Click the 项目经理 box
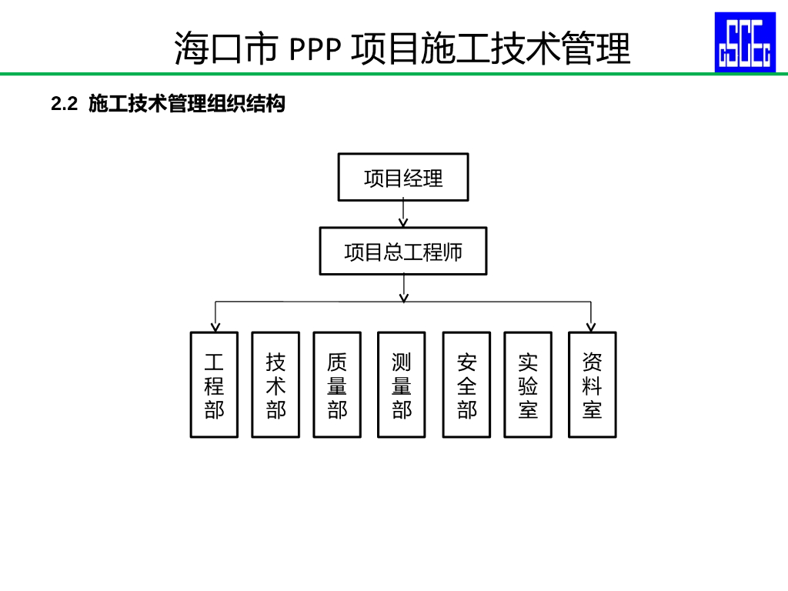(403, 178)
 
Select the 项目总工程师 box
(403, 251)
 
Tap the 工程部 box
(214, 385)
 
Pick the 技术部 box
(275, 385)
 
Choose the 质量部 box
(337, 385)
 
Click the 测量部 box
(402, 385)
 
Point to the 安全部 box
(466, 385)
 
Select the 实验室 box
(528, 385)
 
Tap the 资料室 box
(592, 385)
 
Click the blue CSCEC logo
(745, 42)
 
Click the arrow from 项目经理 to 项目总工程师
(403, 214)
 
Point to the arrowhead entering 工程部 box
(215, 327)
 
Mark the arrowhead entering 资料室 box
(592, 327)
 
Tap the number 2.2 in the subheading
(65, 104)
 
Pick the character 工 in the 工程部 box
(214, 362)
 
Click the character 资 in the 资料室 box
(592, 362)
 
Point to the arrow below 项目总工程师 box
(403, 288)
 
